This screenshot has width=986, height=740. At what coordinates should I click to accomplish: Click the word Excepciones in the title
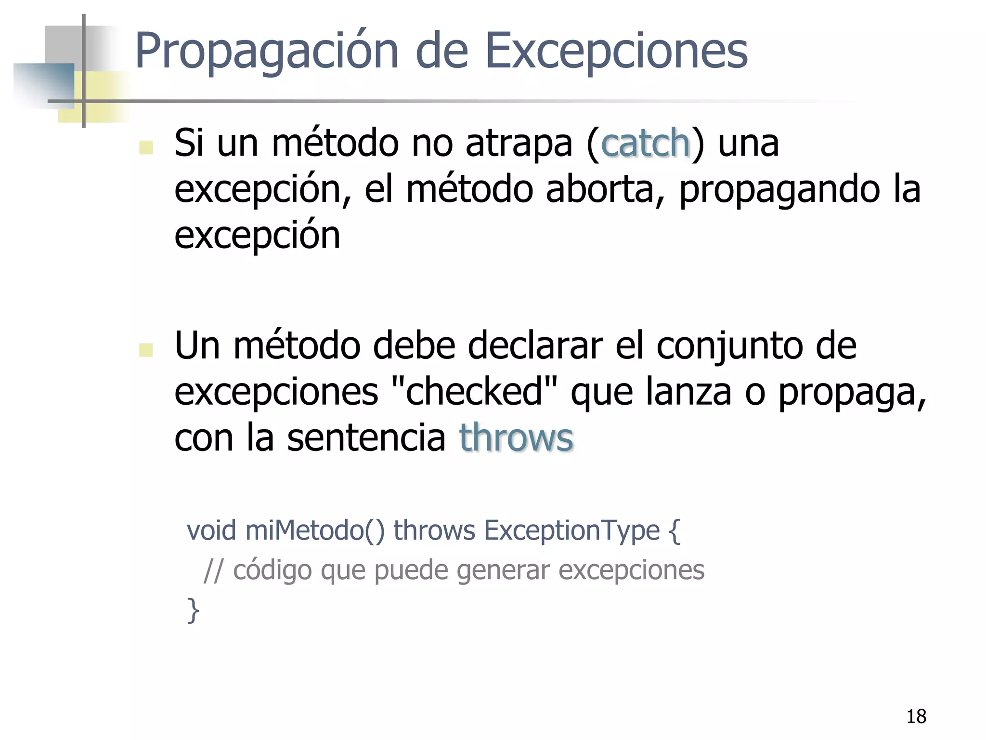616,51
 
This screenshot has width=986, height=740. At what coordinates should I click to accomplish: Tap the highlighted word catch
646,143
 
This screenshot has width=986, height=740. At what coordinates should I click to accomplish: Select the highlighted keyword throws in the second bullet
516,437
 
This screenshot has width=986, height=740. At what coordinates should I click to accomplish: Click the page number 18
916,716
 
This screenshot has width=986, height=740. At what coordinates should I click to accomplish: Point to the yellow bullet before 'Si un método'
146,147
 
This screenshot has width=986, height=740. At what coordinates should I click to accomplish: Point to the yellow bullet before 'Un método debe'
146,350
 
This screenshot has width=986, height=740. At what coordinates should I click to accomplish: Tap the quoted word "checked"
474,392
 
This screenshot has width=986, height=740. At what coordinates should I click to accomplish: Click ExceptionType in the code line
571,531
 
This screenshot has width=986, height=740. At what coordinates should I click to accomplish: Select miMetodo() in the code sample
315,531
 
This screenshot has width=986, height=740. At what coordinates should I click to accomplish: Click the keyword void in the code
211,531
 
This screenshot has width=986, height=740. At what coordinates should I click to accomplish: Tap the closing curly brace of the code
193,610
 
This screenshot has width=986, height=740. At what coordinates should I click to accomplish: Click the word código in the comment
272,571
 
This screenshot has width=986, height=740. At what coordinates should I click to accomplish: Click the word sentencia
366,437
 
